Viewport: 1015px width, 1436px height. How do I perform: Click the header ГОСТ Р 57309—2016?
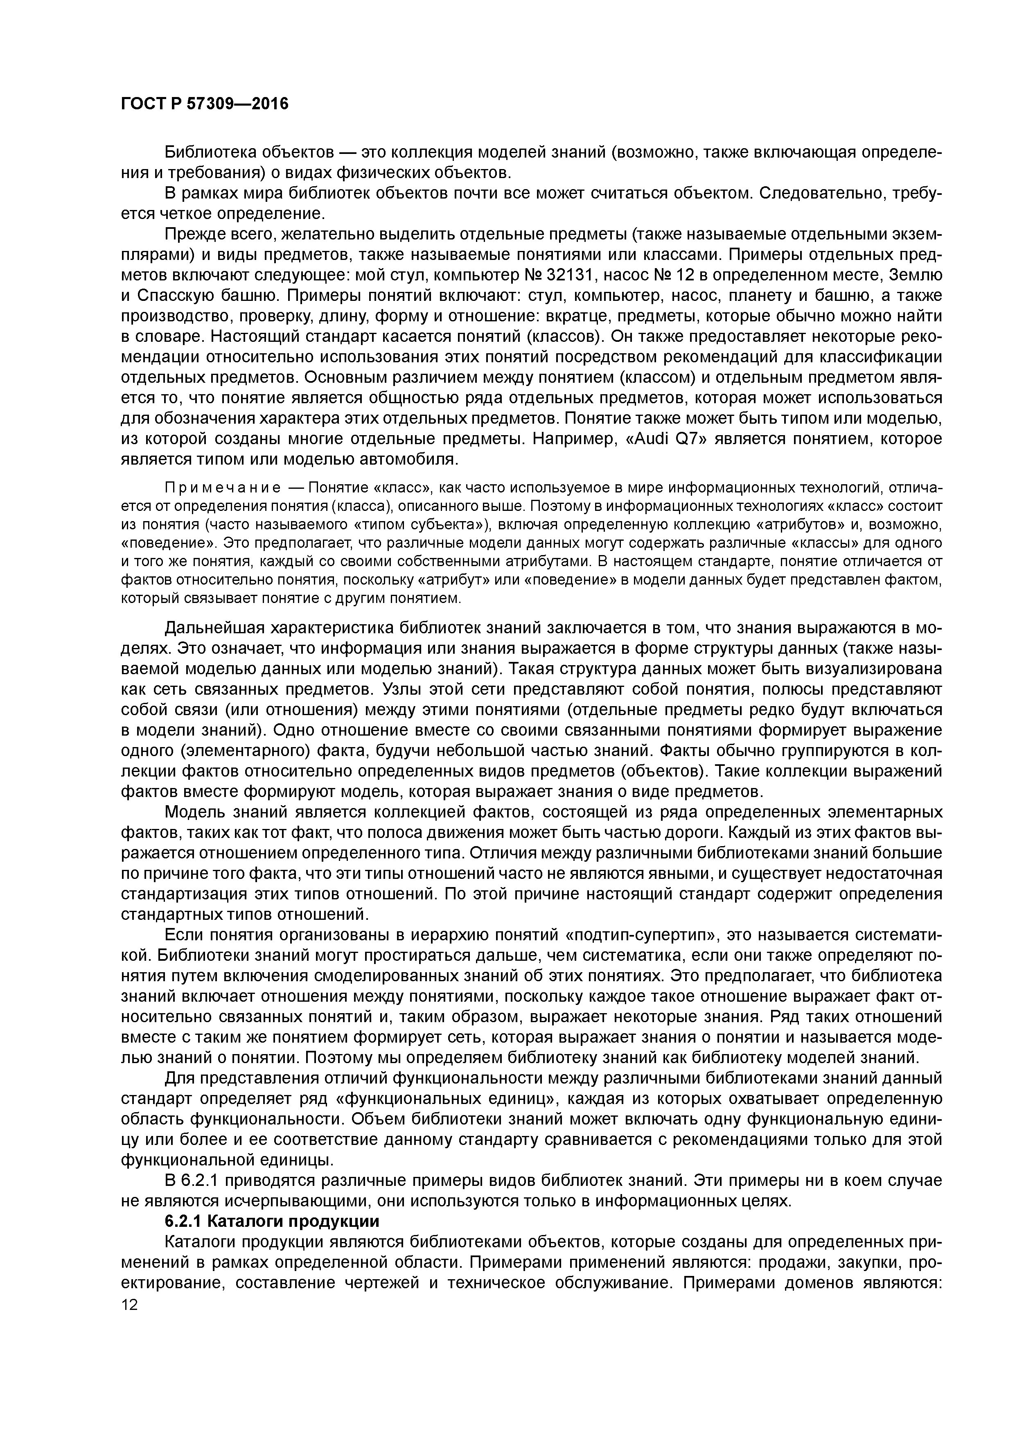pos(205,104)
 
